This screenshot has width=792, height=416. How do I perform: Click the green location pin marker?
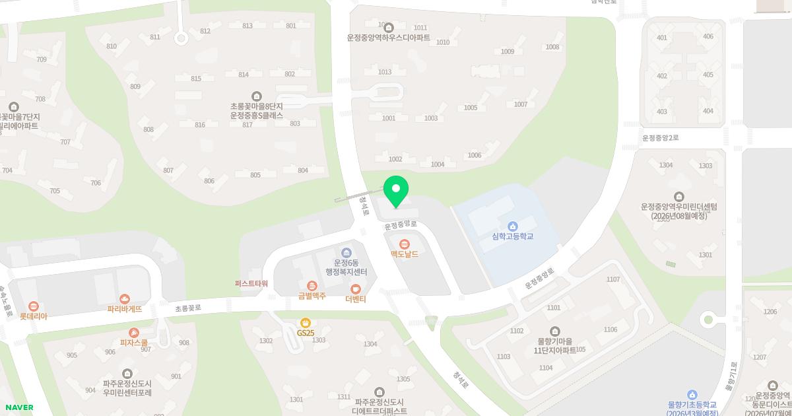point(396,190)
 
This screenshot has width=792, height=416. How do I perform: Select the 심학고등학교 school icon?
point(513,226)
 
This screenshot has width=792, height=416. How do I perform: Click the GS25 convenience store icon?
point(305,323)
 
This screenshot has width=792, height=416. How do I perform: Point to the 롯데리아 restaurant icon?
point(34,306)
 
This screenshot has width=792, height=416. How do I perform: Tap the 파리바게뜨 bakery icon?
point(125,299)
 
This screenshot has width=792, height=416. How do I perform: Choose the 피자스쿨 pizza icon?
point(134,333)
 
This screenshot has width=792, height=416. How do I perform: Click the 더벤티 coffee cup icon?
point(356,289)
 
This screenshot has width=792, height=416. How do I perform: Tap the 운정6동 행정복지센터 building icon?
point(346,252)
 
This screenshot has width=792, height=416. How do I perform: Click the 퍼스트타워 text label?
point(251,283)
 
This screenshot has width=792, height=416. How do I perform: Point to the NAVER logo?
point(18,407)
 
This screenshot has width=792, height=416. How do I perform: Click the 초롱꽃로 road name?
point(187,308)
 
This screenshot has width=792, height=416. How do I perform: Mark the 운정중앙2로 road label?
point(661,138)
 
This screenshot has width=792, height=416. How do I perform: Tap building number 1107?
point(613,279)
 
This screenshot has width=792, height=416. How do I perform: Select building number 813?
point(247,26)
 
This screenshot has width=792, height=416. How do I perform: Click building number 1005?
point(471,108)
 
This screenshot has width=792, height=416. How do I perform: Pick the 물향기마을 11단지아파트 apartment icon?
point(554,331)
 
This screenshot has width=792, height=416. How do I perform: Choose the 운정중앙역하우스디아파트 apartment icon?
point(389,28)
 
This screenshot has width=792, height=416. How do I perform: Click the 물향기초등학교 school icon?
point(692,395)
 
